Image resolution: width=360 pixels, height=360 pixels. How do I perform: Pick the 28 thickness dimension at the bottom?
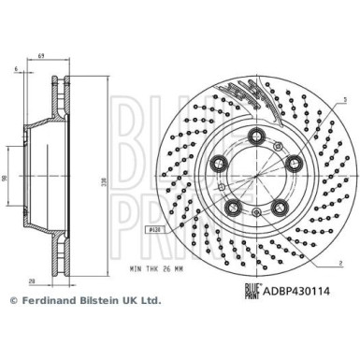click(x=31, y=281)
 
